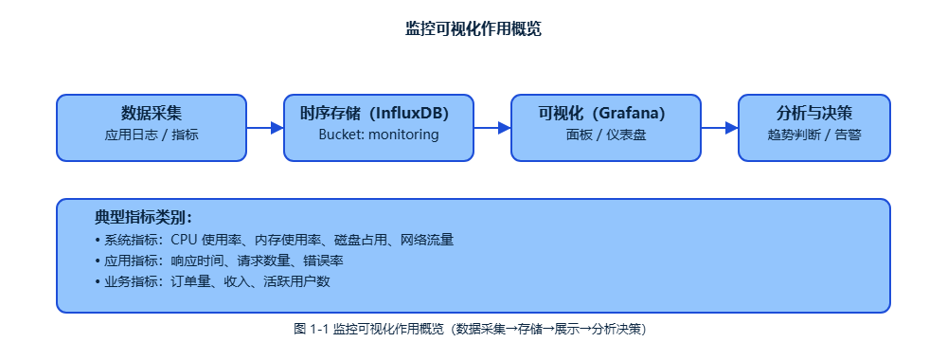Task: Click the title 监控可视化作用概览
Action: pos(473,29)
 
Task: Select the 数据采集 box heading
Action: pos(152,114)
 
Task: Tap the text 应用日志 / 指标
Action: pos(152,135)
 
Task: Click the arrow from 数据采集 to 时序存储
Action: pos(264,128)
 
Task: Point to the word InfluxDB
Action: pos(409,114)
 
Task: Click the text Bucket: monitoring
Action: pos(379,135)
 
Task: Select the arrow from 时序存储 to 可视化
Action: pos(491,128)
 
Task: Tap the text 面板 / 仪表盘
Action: pos(606,135)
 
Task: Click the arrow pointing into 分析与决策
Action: pos(719,128)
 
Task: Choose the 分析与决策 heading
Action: pos(814,114)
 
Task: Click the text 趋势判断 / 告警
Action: pos(814,135)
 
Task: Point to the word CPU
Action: pos(185,241)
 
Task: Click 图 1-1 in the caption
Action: pos(311,330)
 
